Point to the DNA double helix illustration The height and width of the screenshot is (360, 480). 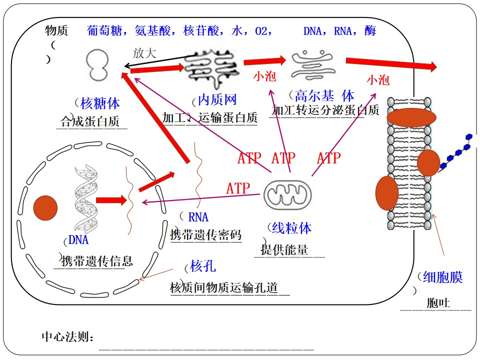click(86, 198)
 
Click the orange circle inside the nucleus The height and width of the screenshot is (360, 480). click(45, 208)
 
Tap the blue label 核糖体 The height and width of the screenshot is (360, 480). click(100, 103)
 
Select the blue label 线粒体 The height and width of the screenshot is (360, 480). click(291, 228)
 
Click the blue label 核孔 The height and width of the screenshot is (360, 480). click(203, 266)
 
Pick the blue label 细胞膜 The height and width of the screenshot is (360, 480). click(442, 277)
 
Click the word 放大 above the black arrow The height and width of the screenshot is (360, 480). click(144, 53)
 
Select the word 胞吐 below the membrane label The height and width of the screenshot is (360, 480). click(438, 303)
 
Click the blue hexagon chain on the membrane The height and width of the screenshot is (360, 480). click(456, 151)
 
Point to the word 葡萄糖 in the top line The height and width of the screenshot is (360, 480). click(104, 30)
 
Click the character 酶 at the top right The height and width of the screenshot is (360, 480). click(370, 30)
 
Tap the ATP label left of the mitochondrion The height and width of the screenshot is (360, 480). click(238, 188)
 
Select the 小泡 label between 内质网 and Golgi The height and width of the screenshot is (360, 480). click(264, 76)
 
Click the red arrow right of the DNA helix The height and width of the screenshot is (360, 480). click(111, 200)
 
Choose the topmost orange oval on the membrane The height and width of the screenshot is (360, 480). click(411, 117)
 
